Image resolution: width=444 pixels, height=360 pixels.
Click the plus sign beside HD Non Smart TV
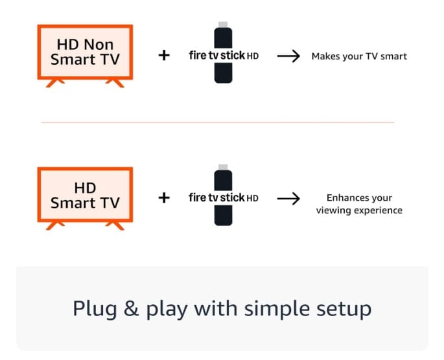(164, 55)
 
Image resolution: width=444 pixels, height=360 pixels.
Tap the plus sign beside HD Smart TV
(164, 197)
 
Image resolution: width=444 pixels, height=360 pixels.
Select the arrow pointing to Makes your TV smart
(288, 56)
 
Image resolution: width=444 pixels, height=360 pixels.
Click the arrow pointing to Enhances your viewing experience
(288, 199)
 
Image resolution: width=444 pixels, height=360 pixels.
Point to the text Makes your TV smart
(359, 56)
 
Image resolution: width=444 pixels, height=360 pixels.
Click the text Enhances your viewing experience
(359, 204)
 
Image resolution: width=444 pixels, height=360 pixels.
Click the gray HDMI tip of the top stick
(223, 25)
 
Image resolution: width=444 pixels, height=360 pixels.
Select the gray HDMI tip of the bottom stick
(223, 167)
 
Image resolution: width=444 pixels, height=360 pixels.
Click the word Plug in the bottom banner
(95, 309)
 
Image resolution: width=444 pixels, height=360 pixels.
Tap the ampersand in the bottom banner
(131, 308)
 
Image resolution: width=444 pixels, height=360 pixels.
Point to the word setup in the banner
(344, 309)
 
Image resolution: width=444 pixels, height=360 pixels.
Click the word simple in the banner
(277, 309)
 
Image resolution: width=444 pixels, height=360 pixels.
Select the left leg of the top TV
(54, 83)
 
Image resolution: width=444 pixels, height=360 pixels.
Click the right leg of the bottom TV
(115, 226)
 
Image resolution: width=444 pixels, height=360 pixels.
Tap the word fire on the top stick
(198, 55)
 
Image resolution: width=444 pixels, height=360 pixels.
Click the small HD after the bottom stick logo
(253, 199)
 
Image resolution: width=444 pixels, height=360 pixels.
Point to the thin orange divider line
(218, 123)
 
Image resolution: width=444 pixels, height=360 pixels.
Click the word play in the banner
(167, 309)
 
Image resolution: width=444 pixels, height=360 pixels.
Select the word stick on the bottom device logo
(233, 197)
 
